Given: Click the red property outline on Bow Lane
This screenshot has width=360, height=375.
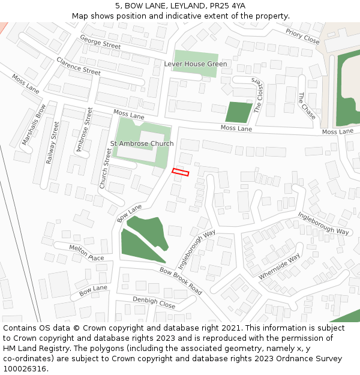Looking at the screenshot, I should pos(181,172).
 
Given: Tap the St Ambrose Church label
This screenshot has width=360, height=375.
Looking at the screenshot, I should pos(142,144).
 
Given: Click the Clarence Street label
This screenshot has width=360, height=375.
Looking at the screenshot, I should pos(79,66).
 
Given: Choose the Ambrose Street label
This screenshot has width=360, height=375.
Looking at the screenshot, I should pos(82,130).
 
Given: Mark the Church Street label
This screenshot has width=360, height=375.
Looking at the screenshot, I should pos(105,169).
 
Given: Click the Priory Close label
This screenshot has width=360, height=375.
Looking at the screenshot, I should pos(302,37).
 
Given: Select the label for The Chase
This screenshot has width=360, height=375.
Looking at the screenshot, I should pos(307,106).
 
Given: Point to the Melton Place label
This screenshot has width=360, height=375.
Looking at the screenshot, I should pos(86,253).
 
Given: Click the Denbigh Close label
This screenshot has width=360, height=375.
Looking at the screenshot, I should pos(154,302).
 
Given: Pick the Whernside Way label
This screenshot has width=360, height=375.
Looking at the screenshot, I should pos(279,266).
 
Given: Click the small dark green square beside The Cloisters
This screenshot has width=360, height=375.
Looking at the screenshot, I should pos(239,112).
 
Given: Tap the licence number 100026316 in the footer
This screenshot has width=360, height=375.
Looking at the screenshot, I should pos(24,368).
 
